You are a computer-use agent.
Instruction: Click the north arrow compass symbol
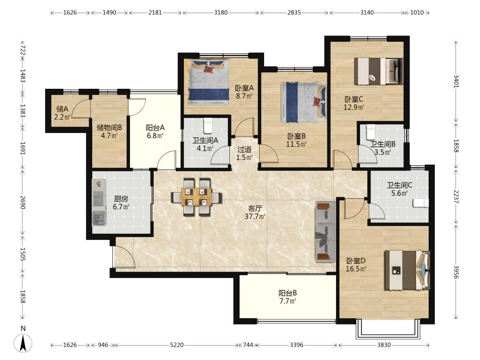[23, 343]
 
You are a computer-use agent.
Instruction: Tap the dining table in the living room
[196, 197]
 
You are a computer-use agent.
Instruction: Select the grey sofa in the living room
[325, 231]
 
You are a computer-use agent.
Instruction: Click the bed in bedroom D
[407, 270]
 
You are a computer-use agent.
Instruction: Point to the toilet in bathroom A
[208, 126]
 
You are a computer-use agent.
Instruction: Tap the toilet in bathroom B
[371, 132]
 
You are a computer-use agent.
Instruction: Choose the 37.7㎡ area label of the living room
[255, 217]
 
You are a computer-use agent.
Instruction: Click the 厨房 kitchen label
[121, 199]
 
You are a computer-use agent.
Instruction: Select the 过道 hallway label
[245, 149]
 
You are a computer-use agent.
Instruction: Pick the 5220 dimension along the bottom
[177, 345]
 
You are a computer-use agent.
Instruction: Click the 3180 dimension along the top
[221, 12]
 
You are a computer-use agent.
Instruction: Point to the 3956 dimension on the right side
[456, 272]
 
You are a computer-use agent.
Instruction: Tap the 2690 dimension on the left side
[23, 203]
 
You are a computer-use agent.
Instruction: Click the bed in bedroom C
[379, 71]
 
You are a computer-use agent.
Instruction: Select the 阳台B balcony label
[288, 293]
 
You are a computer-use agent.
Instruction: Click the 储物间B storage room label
[109, 127]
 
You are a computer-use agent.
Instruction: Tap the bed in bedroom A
[209, 81]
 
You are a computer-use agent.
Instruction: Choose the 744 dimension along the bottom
[248, 345]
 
